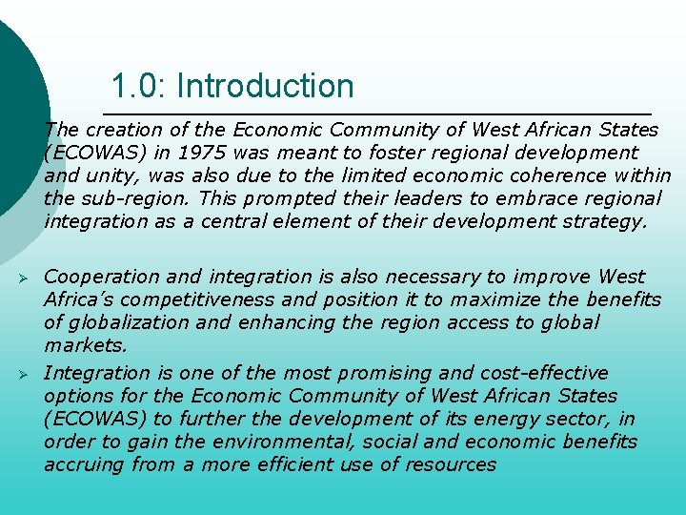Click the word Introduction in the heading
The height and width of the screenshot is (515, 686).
point(265,87)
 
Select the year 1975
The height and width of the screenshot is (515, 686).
point(203,153)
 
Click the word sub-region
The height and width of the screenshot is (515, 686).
point(125,199)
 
